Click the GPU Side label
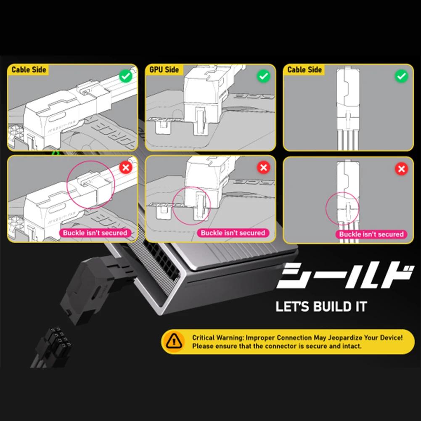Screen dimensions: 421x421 tap(164, 70)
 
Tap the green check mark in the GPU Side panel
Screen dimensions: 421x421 tap(263, 76)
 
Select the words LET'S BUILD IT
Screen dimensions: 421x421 tap(321, 307)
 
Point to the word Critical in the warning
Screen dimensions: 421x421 tap(204, 337)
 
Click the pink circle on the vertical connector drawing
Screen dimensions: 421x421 tap(343, 208)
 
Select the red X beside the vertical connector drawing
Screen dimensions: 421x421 tap(402, 169)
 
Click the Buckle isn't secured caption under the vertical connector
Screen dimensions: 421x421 tap(371, 234)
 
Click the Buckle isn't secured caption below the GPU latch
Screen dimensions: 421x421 tap(233, 233)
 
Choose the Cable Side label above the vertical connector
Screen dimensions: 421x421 tap(304, 70)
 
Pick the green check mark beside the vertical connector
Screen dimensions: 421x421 tap(402, 76)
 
